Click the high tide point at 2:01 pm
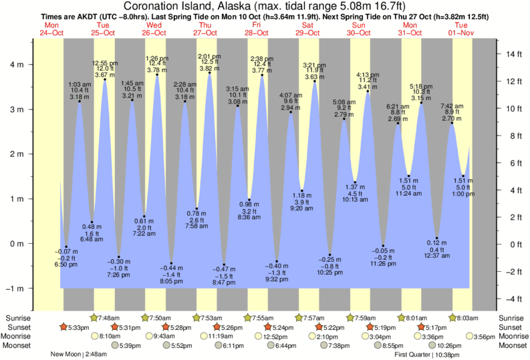(209, 73)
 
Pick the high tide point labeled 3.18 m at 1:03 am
(80, 102)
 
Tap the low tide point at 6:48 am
(92, 222)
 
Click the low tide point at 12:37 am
(436, 238)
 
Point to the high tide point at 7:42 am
(452, 123)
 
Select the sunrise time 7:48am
(108, 318)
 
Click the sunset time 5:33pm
(79, 327)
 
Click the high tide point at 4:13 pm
(368, 92)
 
